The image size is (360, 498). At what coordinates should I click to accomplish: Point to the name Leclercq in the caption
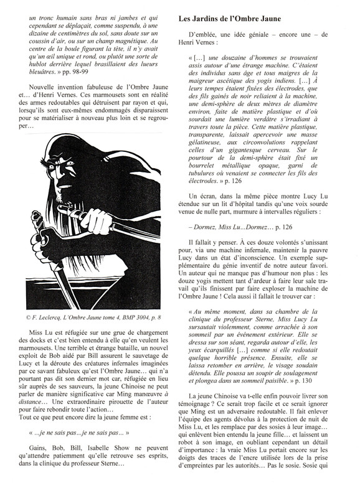tap(38, 317)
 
